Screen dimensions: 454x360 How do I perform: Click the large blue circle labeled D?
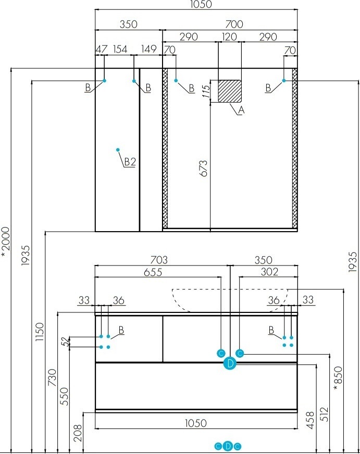coord(230,364)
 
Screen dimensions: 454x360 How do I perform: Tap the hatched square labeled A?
coord(230,91)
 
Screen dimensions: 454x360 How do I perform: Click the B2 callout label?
coord(130,162)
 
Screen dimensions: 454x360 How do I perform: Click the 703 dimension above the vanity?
coord(159,260)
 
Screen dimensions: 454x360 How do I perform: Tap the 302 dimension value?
coord(269,272)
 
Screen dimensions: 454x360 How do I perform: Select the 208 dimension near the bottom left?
coord(78,432)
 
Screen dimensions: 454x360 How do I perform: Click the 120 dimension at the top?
coord(229,37)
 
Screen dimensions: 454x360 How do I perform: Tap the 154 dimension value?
coord(120,49)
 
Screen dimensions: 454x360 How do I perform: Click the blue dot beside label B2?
coord(118,150)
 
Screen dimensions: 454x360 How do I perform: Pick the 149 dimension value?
coord(149,49)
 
